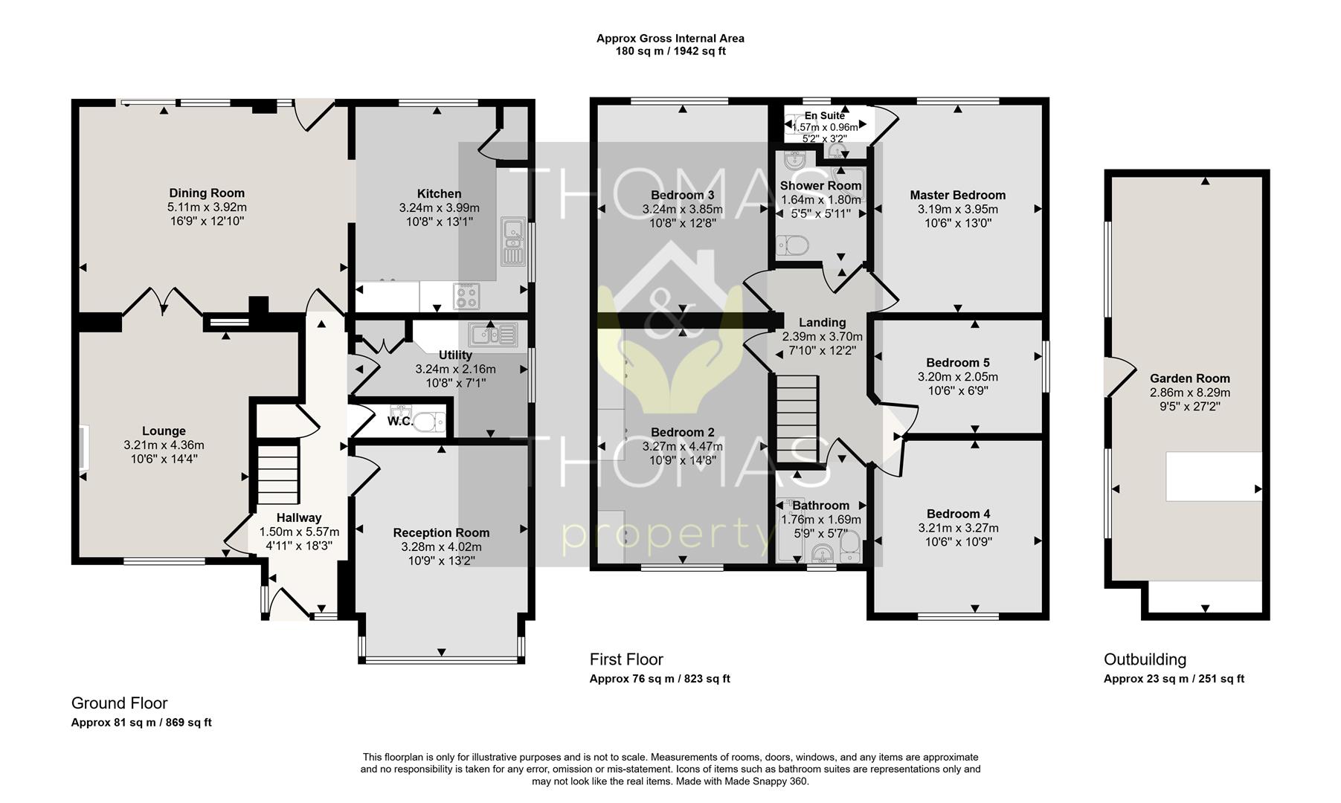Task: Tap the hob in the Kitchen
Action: pyautogui.click(x=468, y=296)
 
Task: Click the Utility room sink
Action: pyautogui.click(x=493, y=334)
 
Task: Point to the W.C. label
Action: pyautogui.click(x=399, y=422)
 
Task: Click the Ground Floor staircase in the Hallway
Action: pyautogui.click(x=278, y=474)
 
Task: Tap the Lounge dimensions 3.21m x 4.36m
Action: pyautogui.click(x=164, y=445)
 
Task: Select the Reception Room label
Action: pyautogui.click(x=441, y=532)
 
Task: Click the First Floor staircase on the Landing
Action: pyautogui.click(x=797, y=419)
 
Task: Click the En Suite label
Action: pyautogui.click(x=824, y=116)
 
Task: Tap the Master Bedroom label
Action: pyautogui.click(x=957, y=196)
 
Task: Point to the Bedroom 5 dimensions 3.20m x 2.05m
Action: pyautogui.click(x=957, y=377)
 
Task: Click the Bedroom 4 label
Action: pyautogui.click(x=958, y=514)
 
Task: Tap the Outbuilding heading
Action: pyautogui.click(x=1145, y=660)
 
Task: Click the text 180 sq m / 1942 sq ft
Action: pyautogui.click(x=670, y=51)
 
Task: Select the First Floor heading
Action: pyautogui.click(x=626, y=660)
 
